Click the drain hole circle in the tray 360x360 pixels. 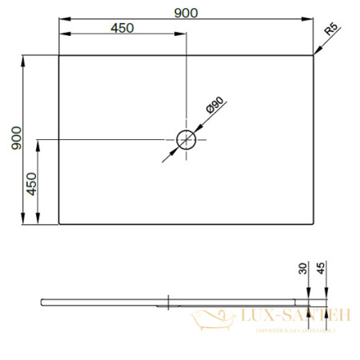pyautogui.click(x=186, y=140)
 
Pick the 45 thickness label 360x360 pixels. pyautogui.click(x=321, y=270)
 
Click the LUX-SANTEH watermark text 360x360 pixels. pyautogui.click(x=293, y=317)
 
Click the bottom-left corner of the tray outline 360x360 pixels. pyautogui.click(x=59, y=225)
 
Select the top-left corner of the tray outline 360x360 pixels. pyautogui.click(x=59, y=55)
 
